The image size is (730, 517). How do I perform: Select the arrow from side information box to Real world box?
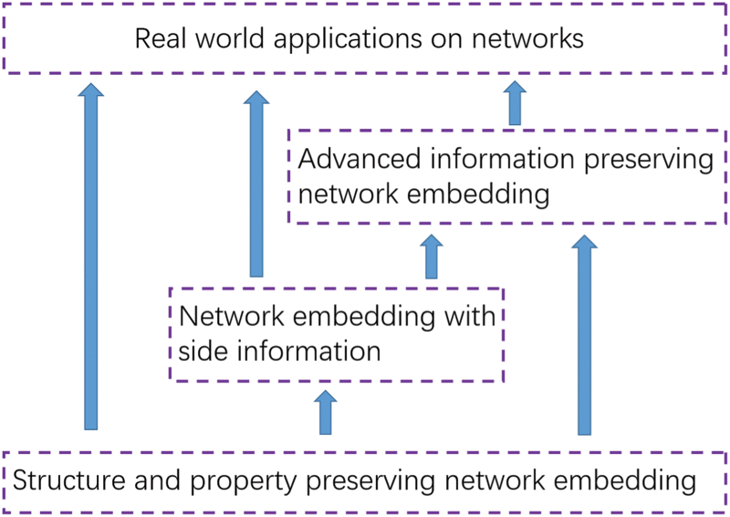pos(256,183)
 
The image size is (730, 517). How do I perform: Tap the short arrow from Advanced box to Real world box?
pos(515,103)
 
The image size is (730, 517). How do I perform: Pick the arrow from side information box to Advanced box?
pos(432,257)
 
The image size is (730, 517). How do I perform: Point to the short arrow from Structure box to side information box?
pos(323,412)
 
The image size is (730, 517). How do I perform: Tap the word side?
pos(205,350)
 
